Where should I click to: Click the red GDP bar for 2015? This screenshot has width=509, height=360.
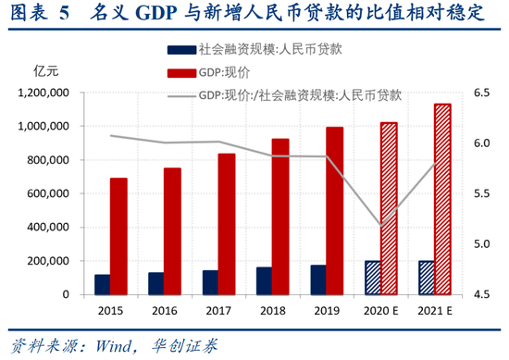click(x=118, y=236)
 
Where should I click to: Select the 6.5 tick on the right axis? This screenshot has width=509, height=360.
click(x=481, y=93)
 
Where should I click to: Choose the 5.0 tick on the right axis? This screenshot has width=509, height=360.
click(x=481, y=244)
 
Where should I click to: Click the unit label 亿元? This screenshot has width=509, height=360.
click(x=45, y=70)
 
